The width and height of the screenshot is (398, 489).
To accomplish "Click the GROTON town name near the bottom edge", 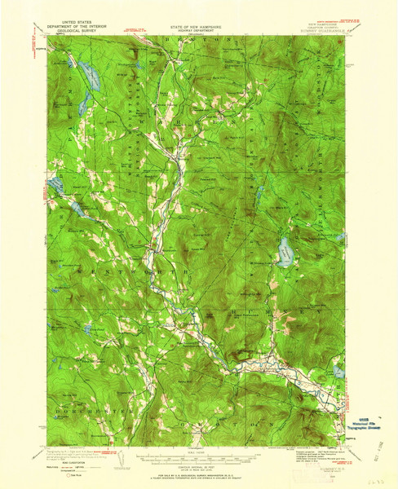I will [210, 422].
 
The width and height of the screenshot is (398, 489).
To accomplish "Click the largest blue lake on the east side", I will [285, 253].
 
